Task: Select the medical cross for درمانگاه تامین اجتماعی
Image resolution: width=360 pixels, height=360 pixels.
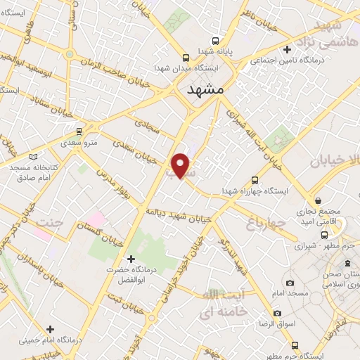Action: point(288,49)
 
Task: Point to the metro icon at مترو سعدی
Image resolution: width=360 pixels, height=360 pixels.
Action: point(78,131)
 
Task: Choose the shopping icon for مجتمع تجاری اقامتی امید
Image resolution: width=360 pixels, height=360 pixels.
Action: point(318,200)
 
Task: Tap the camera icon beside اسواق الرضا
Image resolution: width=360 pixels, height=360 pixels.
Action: point(277,313)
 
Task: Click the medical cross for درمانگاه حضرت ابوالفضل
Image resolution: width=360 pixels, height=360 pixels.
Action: point(129,257)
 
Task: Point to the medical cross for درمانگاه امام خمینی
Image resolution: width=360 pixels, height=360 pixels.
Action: point(49,328)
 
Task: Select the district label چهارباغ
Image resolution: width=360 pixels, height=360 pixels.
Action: point(266,223)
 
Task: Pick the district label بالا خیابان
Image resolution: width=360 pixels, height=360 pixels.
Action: point(334,160)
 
